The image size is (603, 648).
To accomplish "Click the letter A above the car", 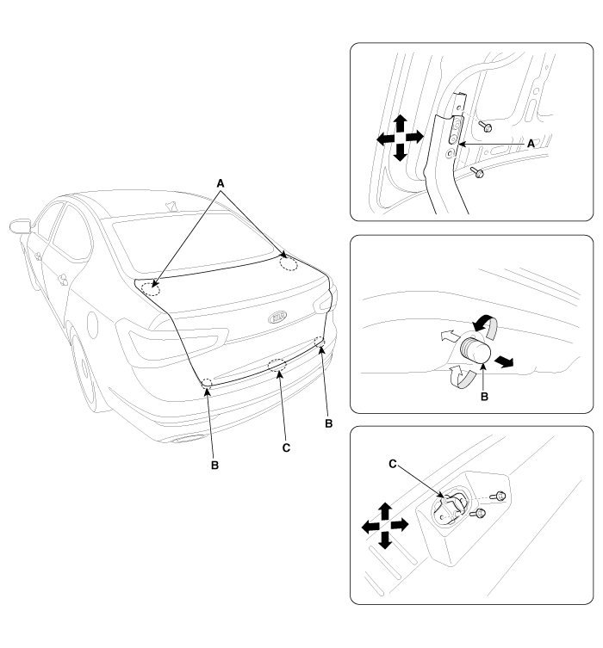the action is click(221, 183).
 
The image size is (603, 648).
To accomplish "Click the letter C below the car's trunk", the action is click(286, 448).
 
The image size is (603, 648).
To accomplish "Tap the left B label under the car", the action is click(214, 465).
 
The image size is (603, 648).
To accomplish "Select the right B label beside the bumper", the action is click(329, 423).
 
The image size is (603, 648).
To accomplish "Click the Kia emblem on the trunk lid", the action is click(277, 318).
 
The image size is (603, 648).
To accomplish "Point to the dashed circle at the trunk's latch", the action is click(277, 365).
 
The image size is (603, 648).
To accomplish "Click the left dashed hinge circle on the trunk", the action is click(151, 289).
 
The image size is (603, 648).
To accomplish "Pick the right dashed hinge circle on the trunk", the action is click(289, 263).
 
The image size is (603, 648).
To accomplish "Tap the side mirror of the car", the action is click(20, 227).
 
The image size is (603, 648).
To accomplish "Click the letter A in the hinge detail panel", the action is click(531, 144).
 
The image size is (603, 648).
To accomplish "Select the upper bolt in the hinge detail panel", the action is click(485, 126).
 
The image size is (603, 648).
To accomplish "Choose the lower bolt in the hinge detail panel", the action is click(477, 172).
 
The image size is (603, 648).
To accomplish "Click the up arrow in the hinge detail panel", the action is click(400, 123).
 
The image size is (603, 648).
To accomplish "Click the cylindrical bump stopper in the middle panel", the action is click(476, 349).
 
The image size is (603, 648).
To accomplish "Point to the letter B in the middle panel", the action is click(484, 397).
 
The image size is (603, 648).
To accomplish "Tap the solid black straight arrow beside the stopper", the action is click(504, 361).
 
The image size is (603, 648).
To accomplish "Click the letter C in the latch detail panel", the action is click(393, 464).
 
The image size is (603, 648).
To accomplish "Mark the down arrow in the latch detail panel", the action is click(385, 540).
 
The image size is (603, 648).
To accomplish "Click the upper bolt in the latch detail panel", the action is click(499, 495).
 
